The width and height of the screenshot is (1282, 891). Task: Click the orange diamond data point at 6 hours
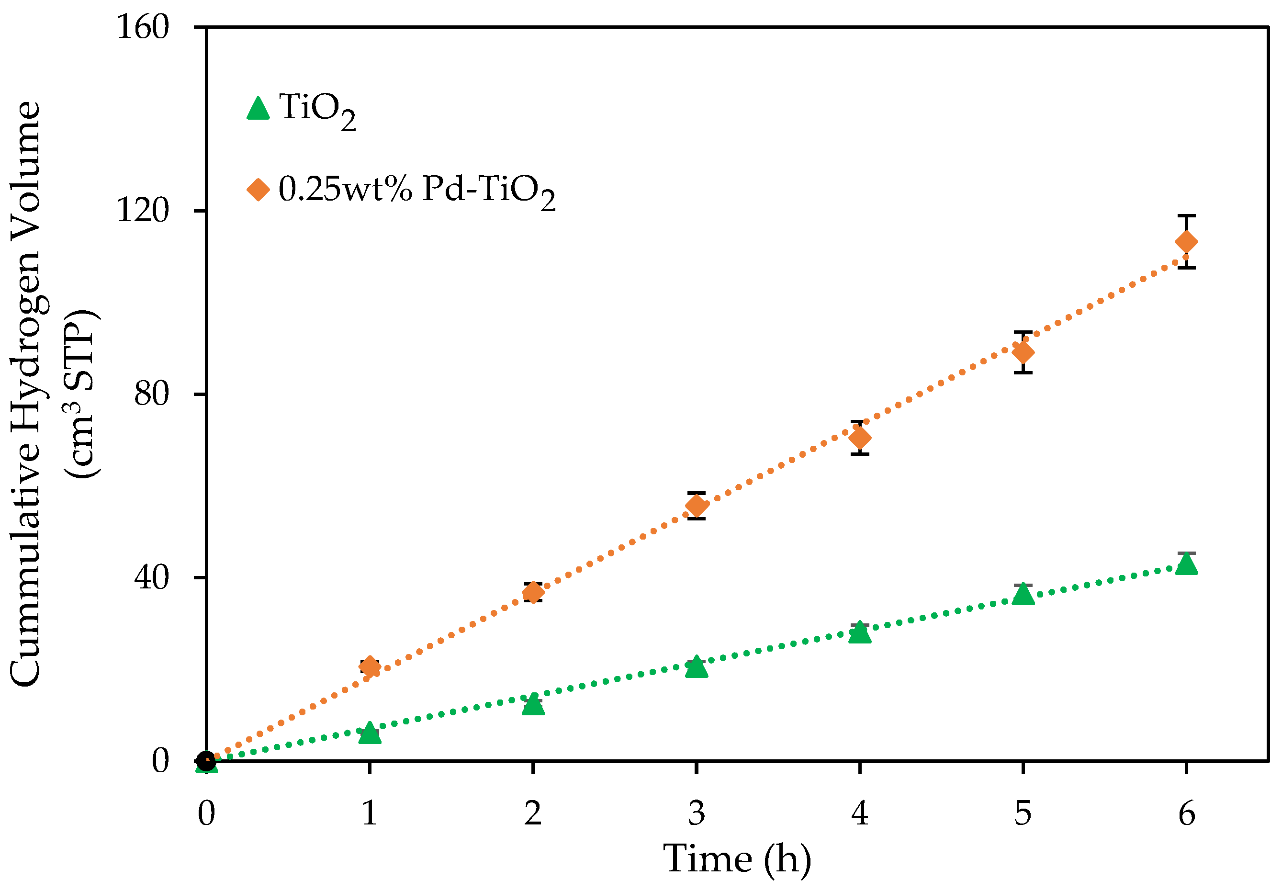click(1186, 242)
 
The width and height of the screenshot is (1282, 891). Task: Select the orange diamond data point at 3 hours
click(696, 506)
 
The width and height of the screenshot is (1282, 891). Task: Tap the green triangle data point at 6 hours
click(1186, 564)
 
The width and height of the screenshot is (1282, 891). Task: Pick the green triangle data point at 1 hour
click(370, 733)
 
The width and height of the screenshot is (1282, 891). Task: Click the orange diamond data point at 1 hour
click(370, 666)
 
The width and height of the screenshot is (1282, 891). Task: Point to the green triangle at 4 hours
click(859, 633)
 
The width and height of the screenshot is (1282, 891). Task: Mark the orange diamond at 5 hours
click(1023, 352)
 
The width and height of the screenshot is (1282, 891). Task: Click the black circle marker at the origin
click(206, 761)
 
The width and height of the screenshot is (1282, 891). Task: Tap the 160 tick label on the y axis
click(142, 27)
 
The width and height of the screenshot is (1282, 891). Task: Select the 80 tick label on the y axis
click(151, 394)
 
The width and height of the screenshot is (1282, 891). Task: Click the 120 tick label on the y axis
click(142, 211)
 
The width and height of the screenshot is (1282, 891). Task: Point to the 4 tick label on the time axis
click(859, 813)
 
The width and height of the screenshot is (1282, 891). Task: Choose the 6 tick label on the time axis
click(1186, 813)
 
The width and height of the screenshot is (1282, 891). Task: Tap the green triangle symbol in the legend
click(258, 109)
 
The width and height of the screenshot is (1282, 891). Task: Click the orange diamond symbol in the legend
click(258, 189)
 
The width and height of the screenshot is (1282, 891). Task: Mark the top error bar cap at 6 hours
click(1186, 215)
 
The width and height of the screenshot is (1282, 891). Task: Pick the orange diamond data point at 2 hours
click(533, 592)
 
